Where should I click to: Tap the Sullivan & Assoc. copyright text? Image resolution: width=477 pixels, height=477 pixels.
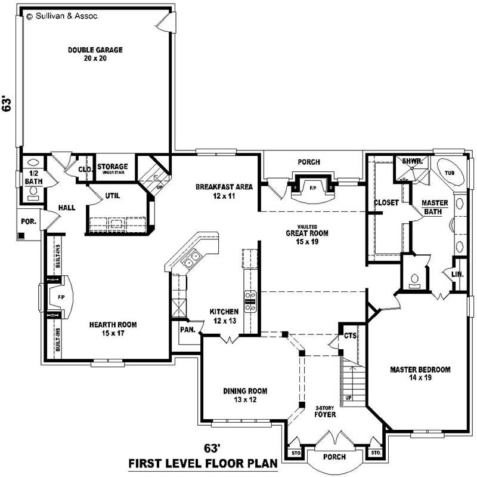[63, 17]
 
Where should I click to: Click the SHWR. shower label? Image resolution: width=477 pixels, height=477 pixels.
[411, 161]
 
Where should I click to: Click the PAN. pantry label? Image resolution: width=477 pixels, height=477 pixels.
[188, 329]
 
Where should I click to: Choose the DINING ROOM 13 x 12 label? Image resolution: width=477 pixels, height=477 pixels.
[245, 395]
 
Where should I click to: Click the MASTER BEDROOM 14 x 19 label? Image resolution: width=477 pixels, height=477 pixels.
[420, 373]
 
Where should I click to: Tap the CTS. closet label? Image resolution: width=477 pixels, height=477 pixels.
[350, 336]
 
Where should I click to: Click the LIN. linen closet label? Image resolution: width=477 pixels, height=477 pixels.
[457, 273]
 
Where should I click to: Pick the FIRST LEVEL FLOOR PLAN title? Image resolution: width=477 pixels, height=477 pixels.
[204, 463]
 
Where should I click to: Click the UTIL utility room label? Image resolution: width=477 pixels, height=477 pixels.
[113, 195]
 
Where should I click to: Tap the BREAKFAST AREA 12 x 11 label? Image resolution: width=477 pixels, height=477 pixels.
[224, 191]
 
